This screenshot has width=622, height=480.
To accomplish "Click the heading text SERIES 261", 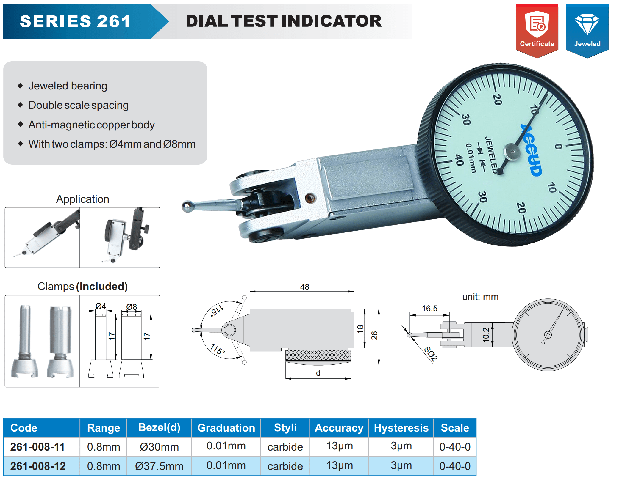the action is [75, 21].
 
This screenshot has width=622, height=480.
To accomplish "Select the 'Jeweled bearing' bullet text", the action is [68, 86].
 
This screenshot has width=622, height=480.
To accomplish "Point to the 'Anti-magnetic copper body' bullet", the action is [92, 125].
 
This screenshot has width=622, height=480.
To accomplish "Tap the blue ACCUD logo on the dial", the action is [532, 150].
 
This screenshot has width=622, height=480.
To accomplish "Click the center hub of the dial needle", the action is [512, 152].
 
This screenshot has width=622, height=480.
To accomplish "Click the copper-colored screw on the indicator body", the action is [310, 198].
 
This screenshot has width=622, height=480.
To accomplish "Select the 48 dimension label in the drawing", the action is [305, 287].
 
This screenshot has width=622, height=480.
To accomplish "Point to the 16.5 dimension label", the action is [430, 309].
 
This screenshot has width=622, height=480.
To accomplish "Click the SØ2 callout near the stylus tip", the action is [431, 354].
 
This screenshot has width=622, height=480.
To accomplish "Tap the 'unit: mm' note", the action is [480, 297].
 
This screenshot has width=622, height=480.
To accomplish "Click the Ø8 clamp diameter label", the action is [132, 306].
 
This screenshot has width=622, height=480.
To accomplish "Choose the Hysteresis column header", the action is [401, 428].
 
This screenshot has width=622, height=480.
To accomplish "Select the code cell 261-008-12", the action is [38, 466].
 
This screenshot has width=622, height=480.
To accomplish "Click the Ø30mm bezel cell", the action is [160, 447].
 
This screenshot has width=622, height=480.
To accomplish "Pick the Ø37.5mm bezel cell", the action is [160, 466].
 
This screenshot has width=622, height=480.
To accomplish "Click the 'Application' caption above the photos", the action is [83, 199].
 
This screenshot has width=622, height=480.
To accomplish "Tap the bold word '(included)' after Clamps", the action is [102, 287].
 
